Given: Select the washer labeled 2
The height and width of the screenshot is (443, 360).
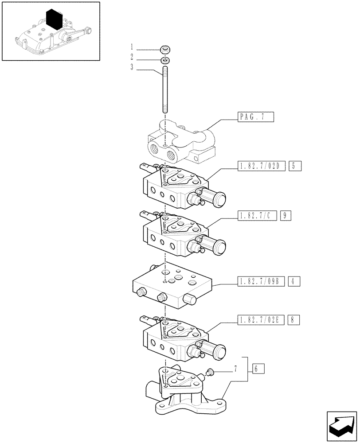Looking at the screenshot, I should pos(164,59).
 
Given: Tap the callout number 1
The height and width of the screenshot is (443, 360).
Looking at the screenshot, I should pos(132,47).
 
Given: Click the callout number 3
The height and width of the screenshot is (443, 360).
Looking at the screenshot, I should pos(132,67).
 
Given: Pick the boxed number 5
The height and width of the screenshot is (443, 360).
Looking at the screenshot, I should pos(295,167).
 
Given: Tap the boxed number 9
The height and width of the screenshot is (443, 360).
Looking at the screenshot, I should pos(286,216).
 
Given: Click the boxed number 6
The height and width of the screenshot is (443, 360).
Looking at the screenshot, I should pos(258,369).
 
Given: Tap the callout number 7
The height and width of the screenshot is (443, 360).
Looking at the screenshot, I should pos(235,369).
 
